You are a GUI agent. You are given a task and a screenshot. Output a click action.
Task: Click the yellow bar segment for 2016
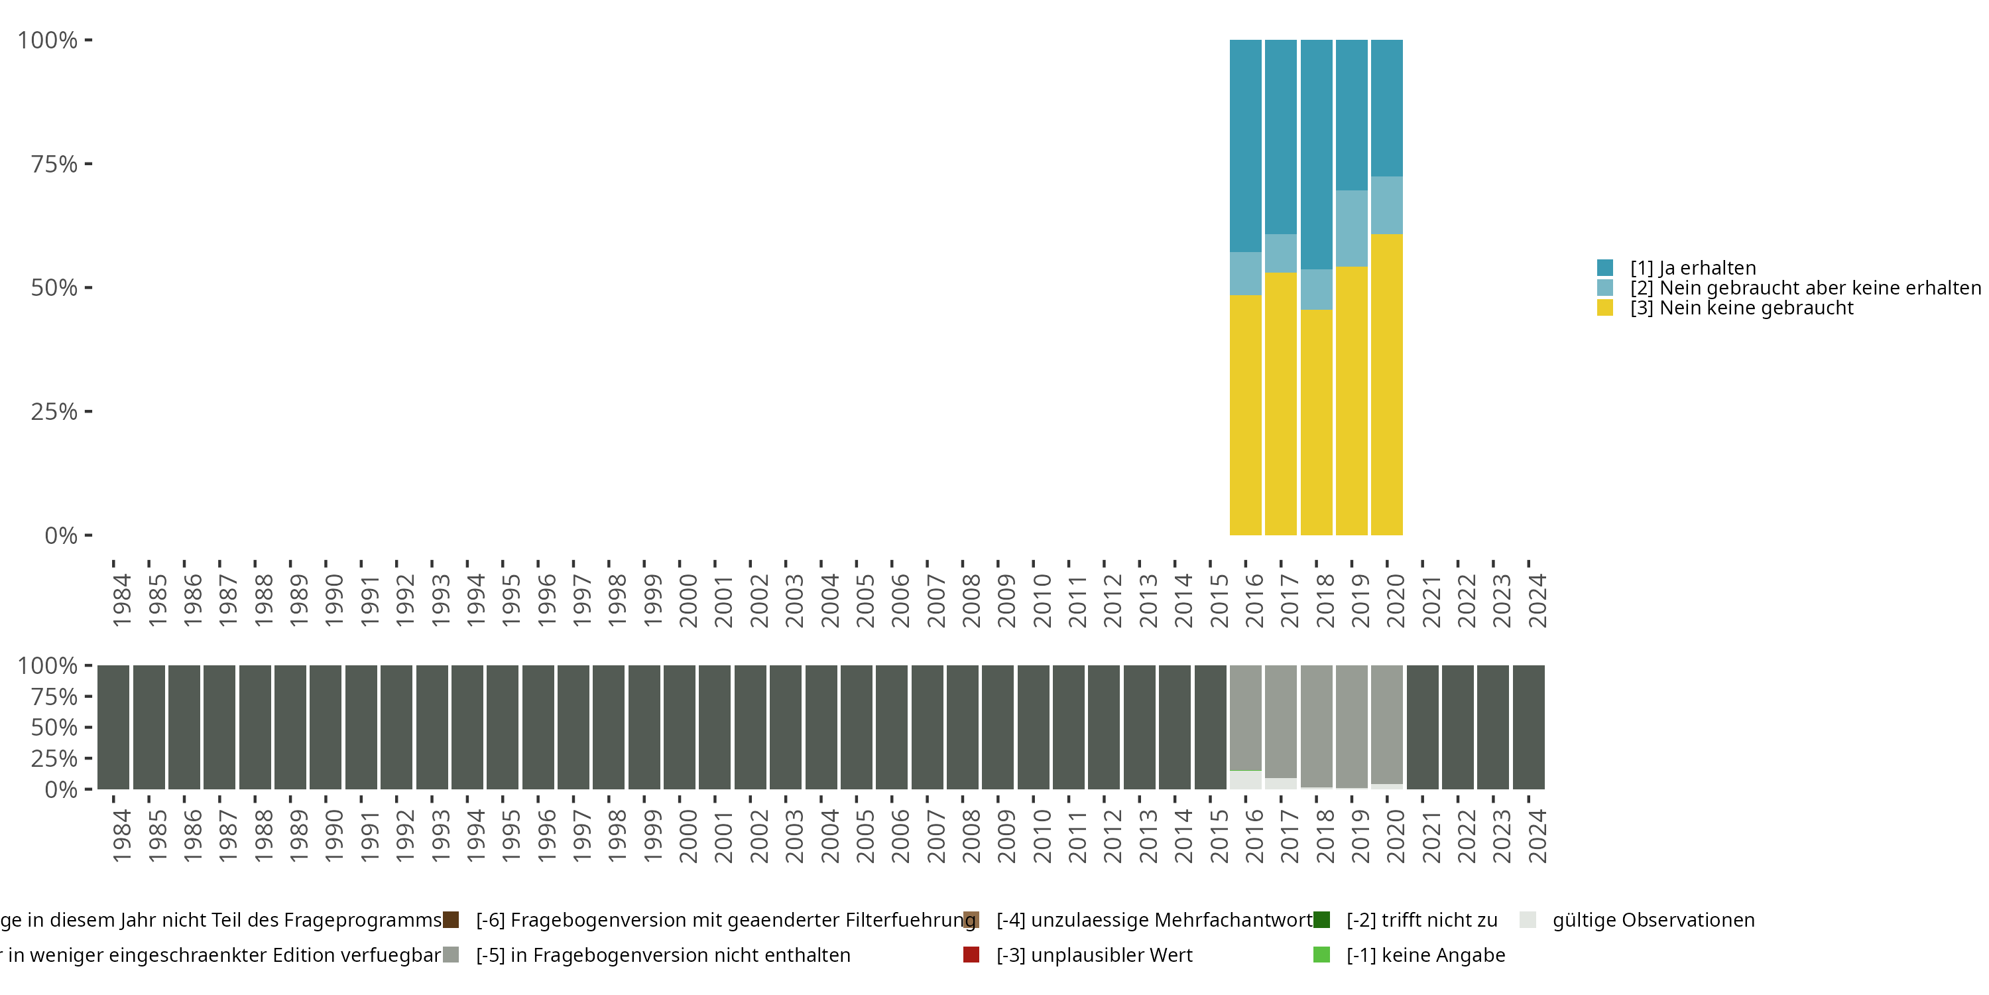coord(1244,415)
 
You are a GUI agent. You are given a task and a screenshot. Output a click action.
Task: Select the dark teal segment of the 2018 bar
coord(1315,155)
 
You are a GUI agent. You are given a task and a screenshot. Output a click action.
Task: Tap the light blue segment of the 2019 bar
coord(1351,229)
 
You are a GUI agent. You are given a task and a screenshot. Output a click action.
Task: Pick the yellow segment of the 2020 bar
coord(1387,384)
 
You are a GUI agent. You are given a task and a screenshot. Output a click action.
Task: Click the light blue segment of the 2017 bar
coord(1280,253)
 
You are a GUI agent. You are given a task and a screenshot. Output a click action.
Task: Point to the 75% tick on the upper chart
coord(88,164)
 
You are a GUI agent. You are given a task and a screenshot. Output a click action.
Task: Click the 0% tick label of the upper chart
coord(61,535)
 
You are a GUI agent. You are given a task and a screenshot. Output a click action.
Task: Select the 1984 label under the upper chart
coord(121,600)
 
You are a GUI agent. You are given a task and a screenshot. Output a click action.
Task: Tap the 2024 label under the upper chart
coord(1537,600)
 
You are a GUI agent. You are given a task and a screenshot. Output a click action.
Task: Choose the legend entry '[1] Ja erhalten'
coord(1693,268)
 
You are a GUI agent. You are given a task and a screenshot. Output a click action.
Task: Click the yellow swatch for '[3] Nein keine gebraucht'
coord(1604,308)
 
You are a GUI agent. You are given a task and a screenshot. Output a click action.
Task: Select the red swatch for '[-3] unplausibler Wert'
coord(971,955)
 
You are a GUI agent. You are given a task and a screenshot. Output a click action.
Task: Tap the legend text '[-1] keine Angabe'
coord(1425,955)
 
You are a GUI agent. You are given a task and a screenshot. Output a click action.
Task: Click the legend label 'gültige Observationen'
coord(1653,920)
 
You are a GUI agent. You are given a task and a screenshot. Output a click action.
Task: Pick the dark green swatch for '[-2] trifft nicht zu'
coord(1322,920)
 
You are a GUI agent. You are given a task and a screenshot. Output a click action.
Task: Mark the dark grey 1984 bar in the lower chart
coord(113,727)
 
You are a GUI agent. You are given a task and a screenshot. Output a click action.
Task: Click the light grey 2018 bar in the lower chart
coord(1315,726)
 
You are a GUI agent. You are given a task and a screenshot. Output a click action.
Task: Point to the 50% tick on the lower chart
coord(88,727)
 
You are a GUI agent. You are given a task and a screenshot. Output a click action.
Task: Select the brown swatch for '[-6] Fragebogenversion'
coord(451,920)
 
